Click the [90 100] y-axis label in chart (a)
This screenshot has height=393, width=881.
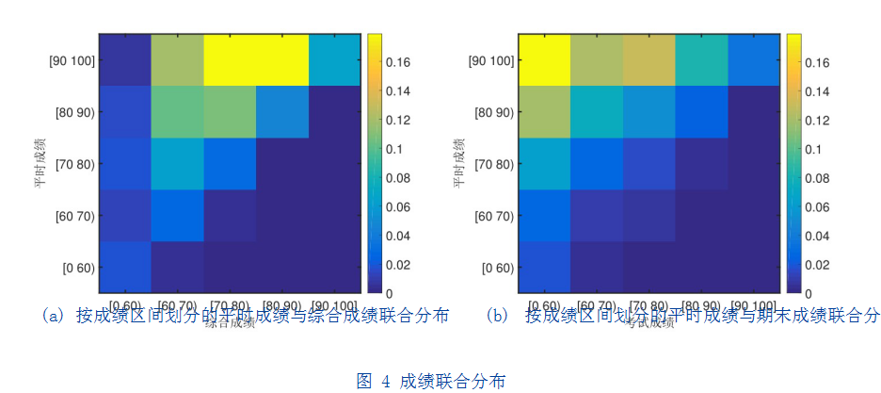(x=71, y=60)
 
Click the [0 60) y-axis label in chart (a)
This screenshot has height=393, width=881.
(x=75, y=267)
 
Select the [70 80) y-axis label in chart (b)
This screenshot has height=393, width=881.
(x=494, y=164)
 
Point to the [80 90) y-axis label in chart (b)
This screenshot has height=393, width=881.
(x=494, y=112)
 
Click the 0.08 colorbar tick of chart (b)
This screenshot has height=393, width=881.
(x=816, y=178)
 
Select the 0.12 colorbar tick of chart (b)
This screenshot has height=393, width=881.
(x=816, y=120)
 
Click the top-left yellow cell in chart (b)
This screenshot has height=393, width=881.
(x=544, y=59)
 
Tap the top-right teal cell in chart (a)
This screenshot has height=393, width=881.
(x=334, y=59)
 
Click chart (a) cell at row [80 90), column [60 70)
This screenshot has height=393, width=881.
(x=177, y=111)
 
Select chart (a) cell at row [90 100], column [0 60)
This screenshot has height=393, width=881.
(x=124, y=59)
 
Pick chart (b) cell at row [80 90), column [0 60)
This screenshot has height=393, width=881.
(x=544, y=111)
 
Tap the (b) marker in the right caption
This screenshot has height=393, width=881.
(x=496, y=316)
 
